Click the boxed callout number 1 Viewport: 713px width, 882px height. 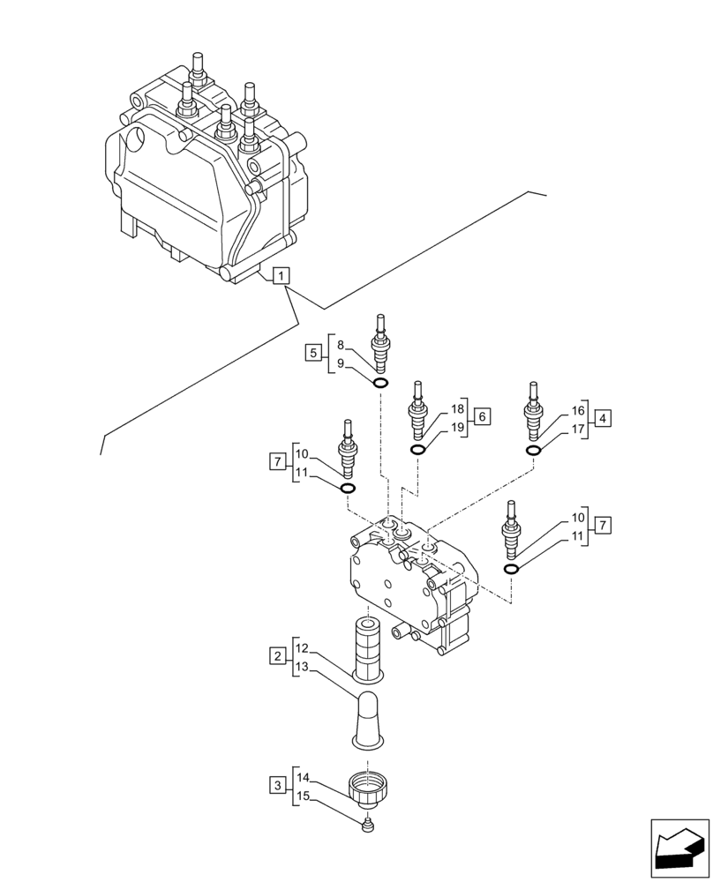click(279, 277)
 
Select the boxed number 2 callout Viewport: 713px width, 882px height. click(279, 656)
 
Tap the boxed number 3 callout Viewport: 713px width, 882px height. click(279, 785)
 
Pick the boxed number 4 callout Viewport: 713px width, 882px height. click(602, 419)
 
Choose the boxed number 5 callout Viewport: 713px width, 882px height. click(313, 354)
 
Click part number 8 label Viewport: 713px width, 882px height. click(341, 345)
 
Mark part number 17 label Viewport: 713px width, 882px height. click(578, 429)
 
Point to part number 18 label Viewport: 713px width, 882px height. click(457, 409)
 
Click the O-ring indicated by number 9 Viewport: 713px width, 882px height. click(380, 383)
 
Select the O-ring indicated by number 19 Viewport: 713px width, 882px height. click(417, 450)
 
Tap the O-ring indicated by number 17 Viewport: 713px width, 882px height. click(533, 451)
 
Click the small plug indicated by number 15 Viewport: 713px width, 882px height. click(368, 826)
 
